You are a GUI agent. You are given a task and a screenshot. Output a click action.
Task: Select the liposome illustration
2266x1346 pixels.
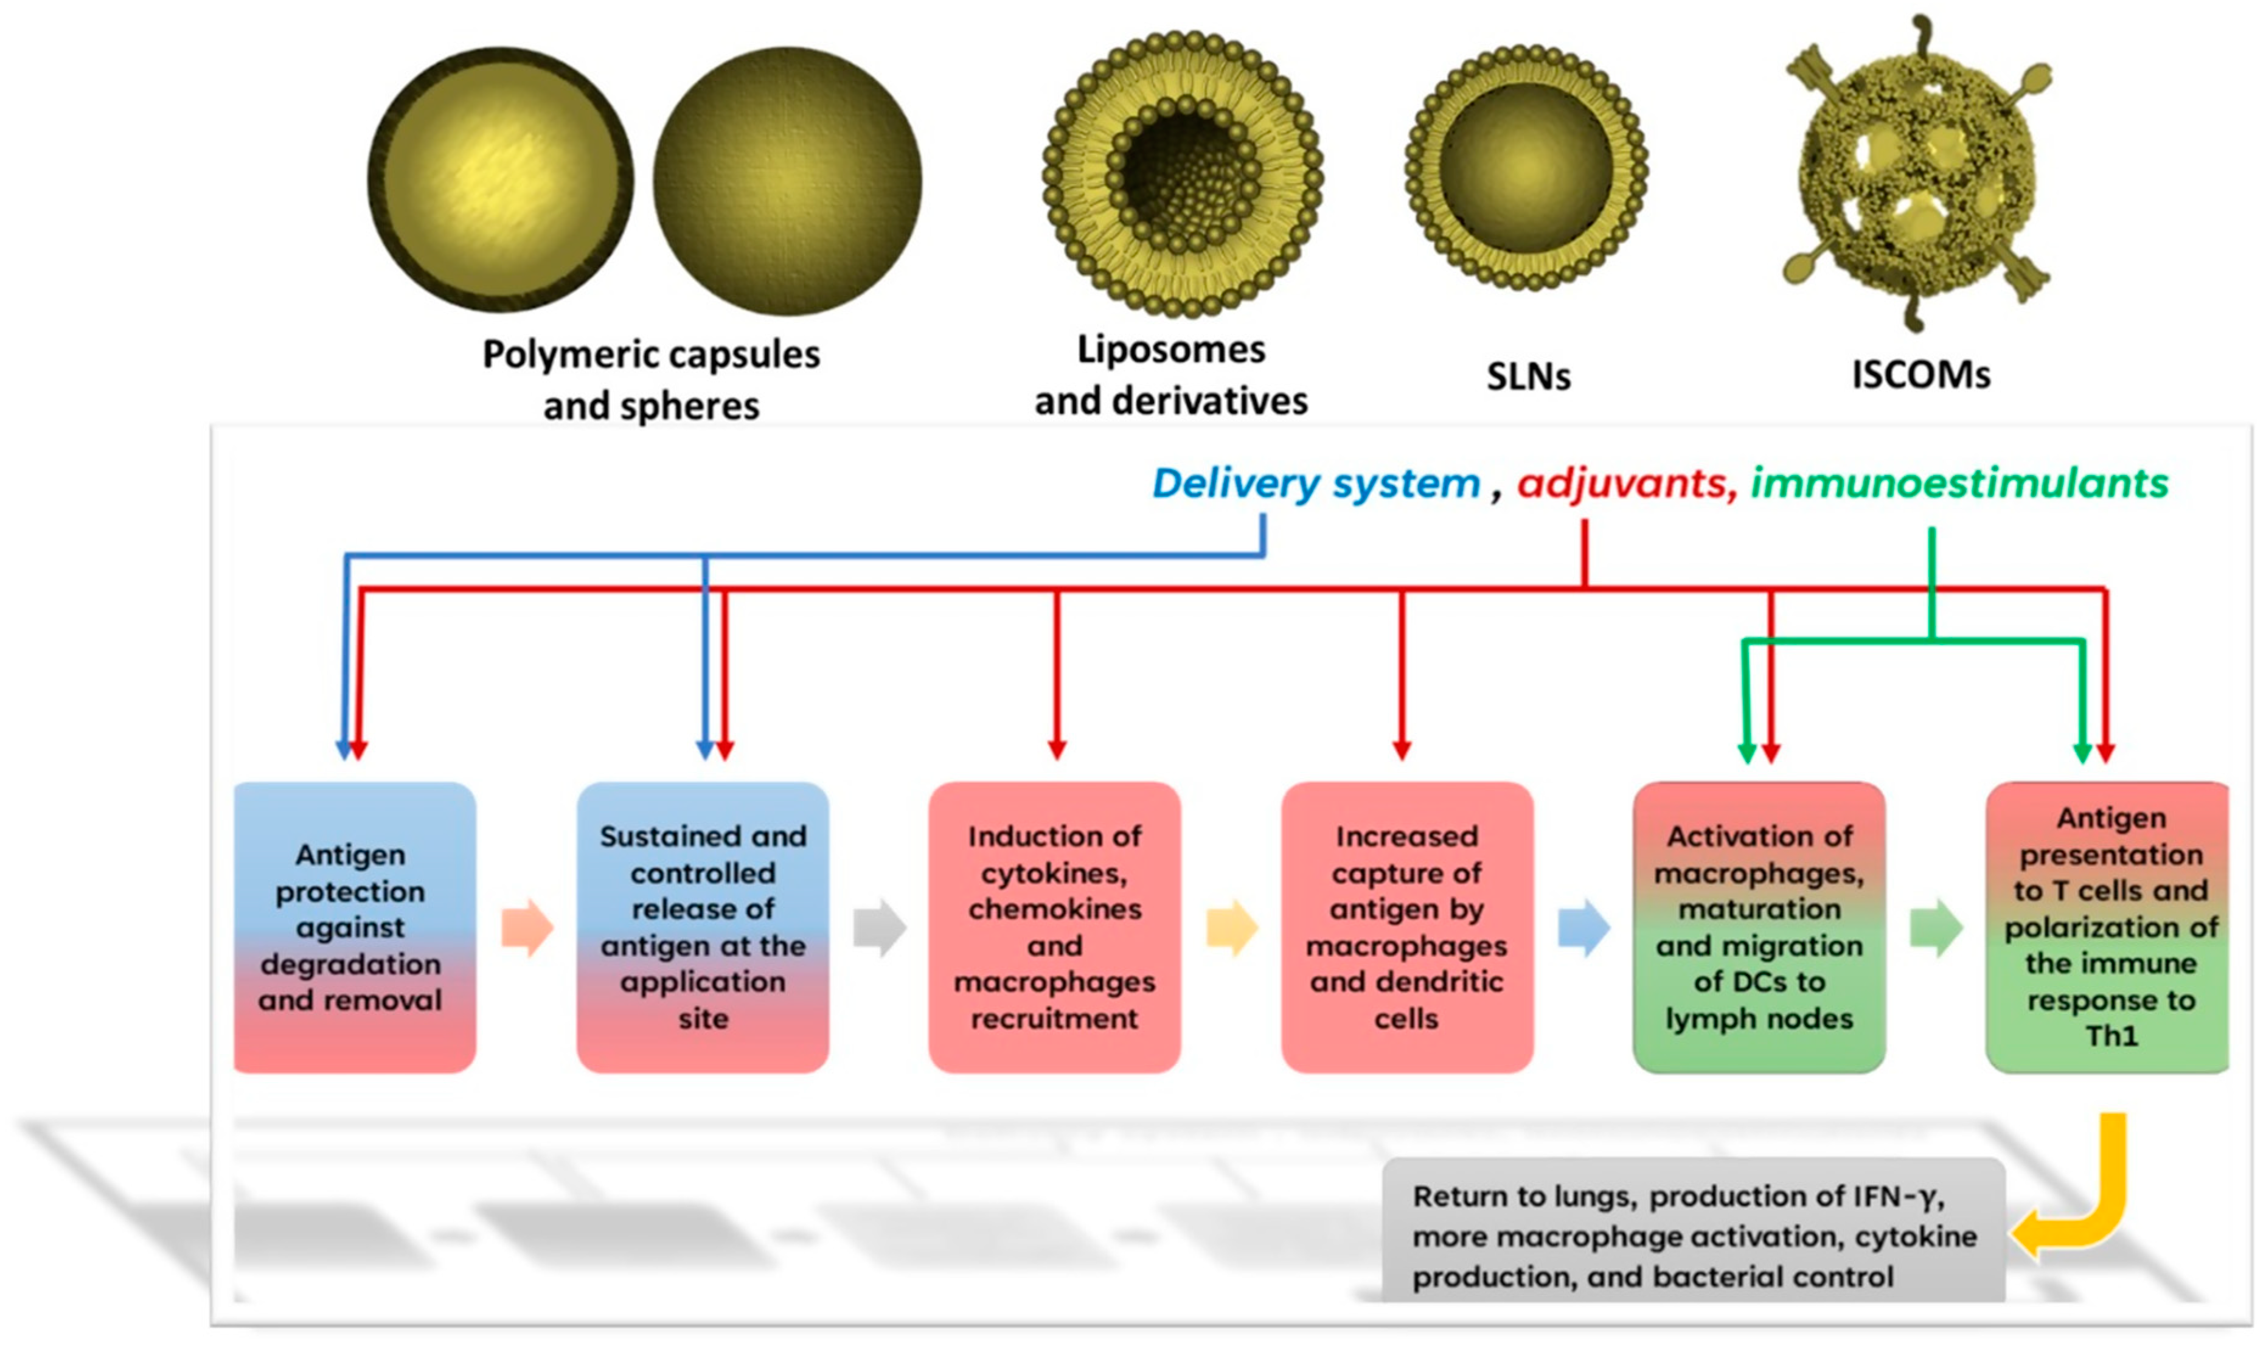coord(1182,174)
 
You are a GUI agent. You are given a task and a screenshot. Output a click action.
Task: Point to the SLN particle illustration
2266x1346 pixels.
coord(1526,168)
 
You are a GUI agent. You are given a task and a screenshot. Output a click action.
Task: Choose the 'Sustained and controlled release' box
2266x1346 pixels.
coord(703,927)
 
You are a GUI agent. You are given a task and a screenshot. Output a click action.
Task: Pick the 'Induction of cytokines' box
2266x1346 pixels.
coord(1054,927)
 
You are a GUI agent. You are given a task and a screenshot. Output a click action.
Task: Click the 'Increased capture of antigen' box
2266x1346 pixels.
coord(1406,927)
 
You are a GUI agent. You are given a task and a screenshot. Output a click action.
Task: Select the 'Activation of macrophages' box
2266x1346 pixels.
coord(1758,927)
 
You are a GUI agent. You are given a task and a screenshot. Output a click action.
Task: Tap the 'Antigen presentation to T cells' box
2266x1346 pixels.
coord(2109,927)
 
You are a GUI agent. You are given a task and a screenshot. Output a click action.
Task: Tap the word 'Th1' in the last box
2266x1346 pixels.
coord(2111,1036)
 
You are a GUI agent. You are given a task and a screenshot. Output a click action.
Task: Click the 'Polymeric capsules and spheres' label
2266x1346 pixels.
coord(650,379)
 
